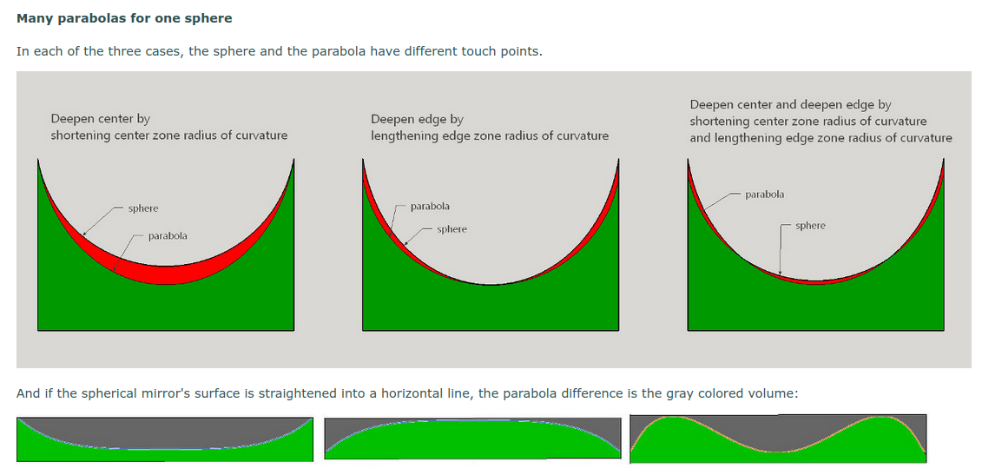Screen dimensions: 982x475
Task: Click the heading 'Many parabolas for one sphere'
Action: (x=124, y=18)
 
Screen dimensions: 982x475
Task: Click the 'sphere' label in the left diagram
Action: (x=142, y=208)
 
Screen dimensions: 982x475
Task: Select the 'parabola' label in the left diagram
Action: (x=168, y=236)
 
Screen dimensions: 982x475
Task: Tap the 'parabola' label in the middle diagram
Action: (x=431, y=206)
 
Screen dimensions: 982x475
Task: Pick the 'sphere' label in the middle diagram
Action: (x=451, y=229)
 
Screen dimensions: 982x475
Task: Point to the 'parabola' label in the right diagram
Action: (x=765, y=195)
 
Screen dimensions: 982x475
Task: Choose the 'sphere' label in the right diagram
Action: (x=810, y=226)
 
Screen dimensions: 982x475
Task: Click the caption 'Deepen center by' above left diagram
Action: (x=101, y=118)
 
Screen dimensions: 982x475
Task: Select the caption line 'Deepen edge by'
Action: (x=417, y=119)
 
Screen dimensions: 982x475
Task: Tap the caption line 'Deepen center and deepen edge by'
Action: (x=790, y=105)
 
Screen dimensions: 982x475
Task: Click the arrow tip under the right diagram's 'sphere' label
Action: (x=780, y=274)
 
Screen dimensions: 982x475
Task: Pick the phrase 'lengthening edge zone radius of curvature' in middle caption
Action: (x=490, y=135)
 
